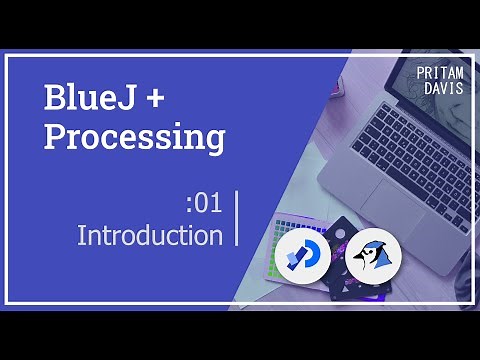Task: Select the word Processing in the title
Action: (x=134, y=138)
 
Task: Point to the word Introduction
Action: (x=150, y=236)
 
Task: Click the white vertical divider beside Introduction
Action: (x=237, y=219)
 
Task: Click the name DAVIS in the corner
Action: (x=442, y=89)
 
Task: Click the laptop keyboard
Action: (x=420, y=140)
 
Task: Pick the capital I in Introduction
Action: (x=81, y=236)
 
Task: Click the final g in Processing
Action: (x=214, y=141)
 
